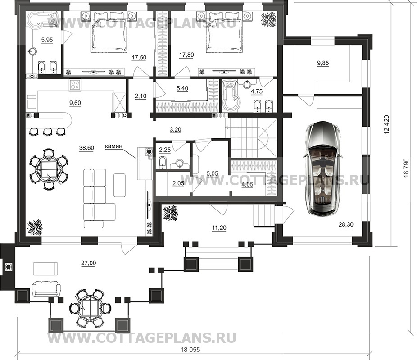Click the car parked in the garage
pos(322,168)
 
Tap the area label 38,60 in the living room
pos(86,148)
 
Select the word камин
pos(113,146)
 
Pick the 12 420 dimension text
pos(387,124)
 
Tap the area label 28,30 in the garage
pos(346,225)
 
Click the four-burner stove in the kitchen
pos(75,85)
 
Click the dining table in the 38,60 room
pos(48,169)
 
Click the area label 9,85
pos(323,64)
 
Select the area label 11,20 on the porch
pos(219,228)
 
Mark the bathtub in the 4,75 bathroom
pos(231,95)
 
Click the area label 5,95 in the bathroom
pos(47,40)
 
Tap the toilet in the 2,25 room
pos(162,163)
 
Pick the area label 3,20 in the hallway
pos(175,130)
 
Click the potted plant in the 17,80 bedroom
pos(269,19)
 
